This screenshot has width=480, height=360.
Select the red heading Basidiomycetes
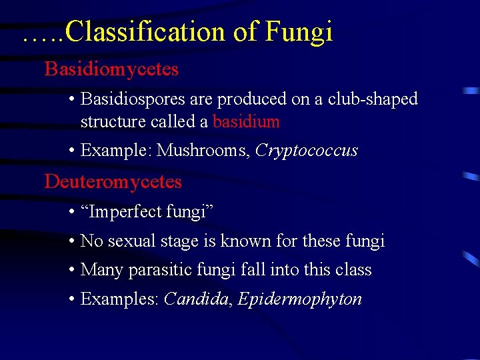coord(111,69)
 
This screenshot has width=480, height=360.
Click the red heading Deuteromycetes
coord(113,181)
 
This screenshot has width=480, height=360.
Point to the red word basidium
coord(246,121)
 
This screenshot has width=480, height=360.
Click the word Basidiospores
coord(133,99)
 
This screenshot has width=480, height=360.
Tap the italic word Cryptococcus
coord(306,151)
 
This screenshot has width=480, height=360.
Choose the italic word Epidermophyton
coord(299,299)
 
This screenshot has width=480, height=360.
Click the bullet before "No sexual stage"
coord(71,241)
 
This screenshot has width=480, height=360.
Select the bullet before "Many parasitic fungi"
coord(71,270)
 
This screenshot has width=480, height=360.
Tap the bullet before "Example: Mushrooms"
coord(71,151)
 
